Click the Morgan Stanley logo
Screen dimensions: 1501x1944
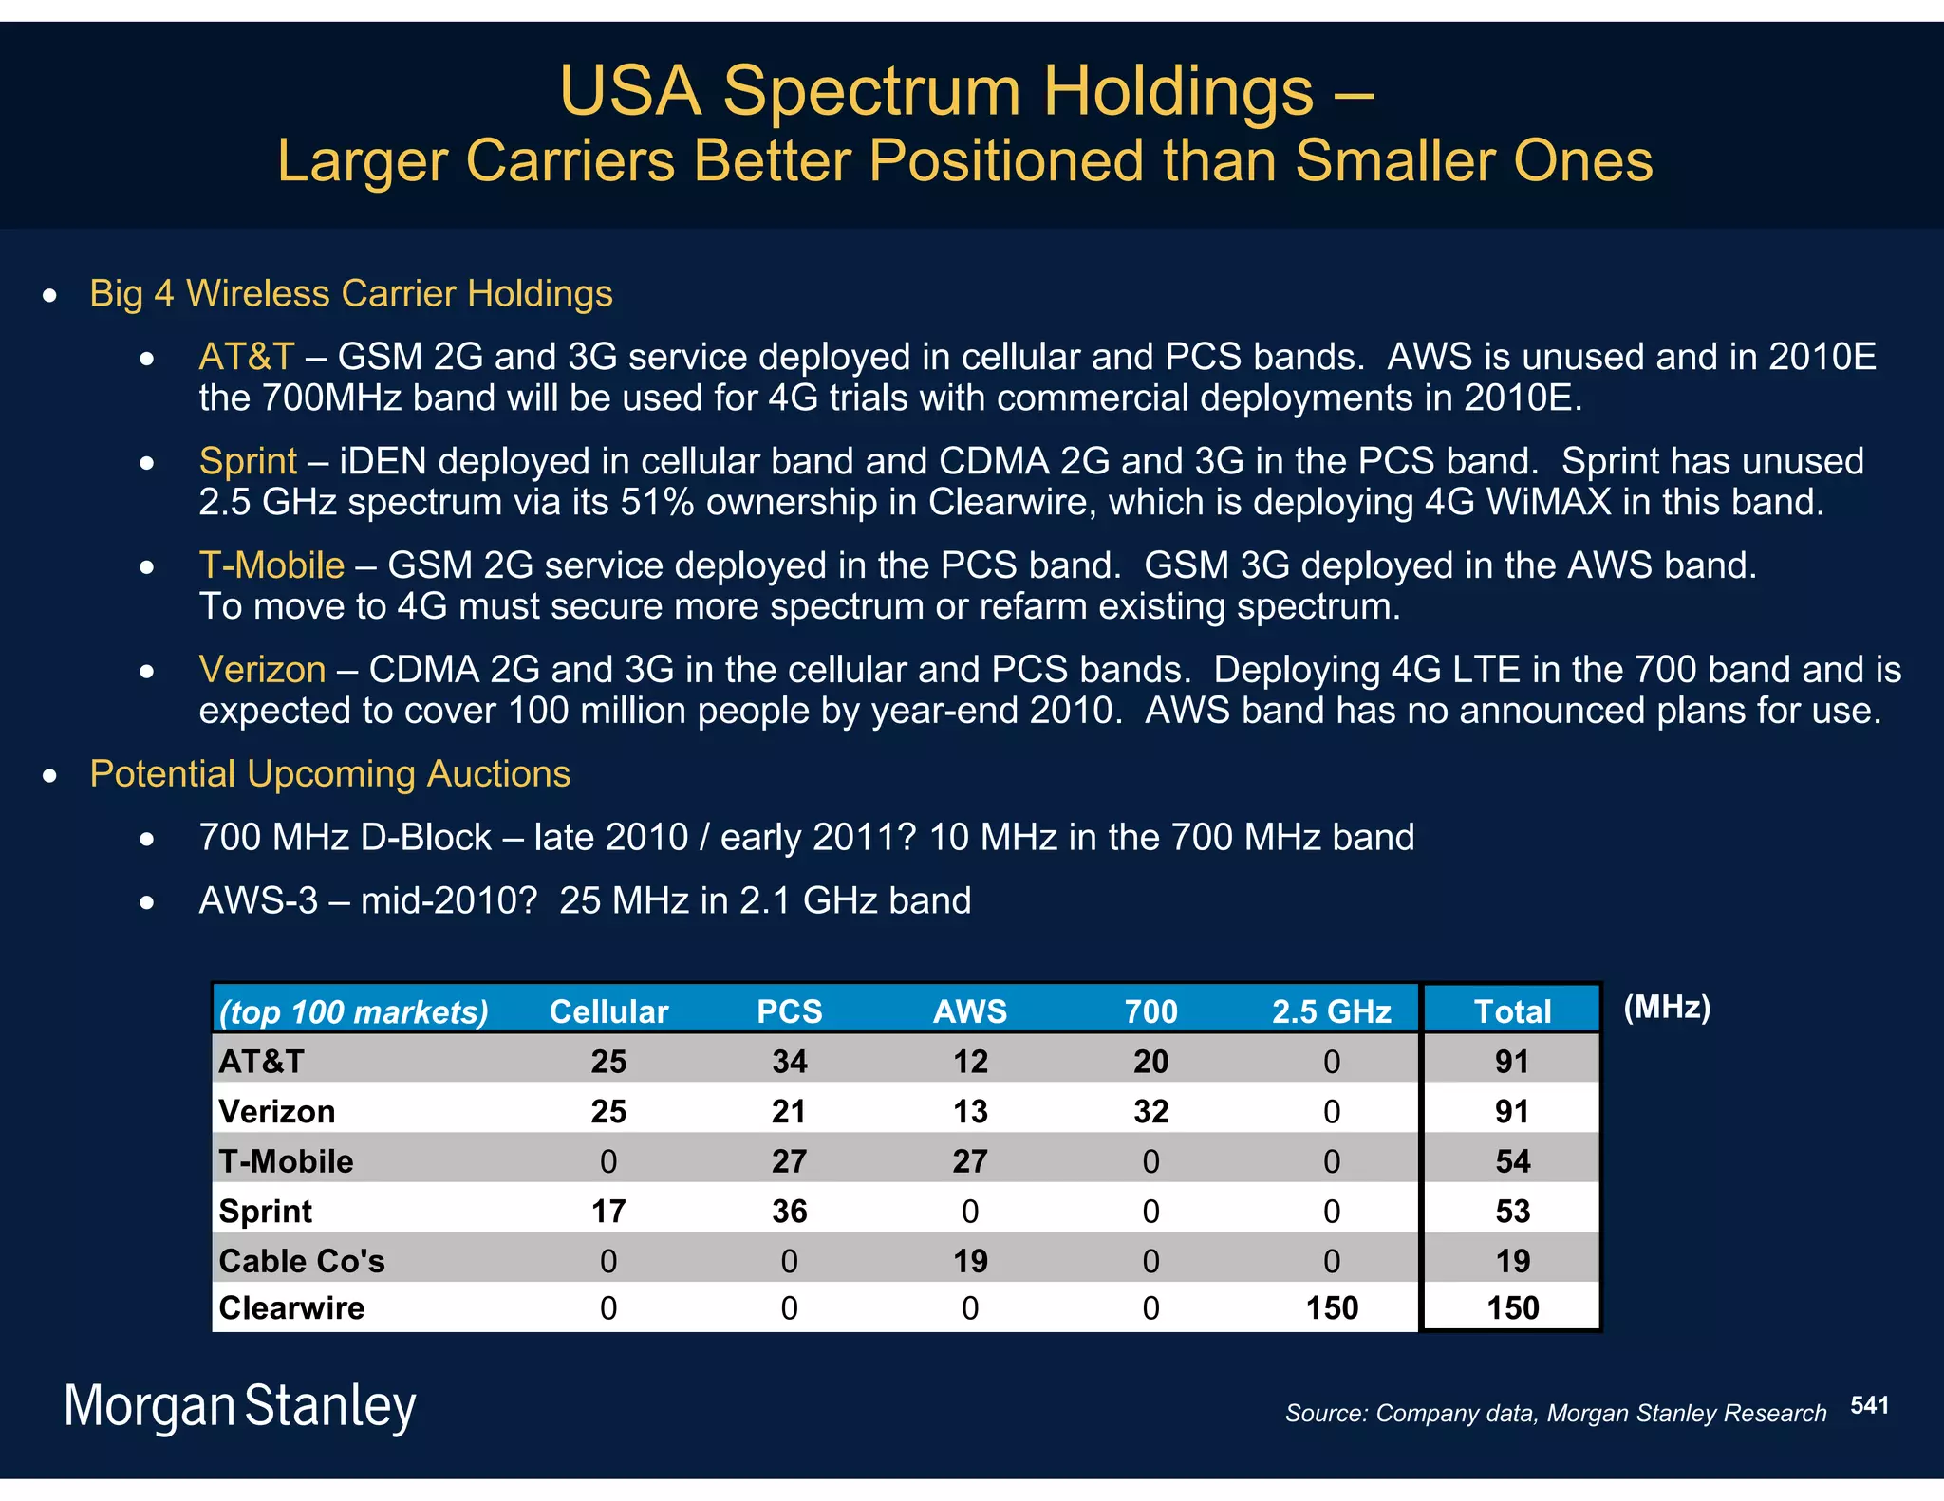pos(239,1406)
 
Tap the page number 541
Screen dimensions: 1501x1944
pos(1869,1405)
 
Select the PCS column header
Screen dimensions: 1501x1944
pos(789,1011)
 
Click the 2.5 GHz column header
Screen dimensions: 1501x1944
pos(1331,1011)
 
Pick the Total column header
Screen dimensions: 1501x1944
pos(1512,1011)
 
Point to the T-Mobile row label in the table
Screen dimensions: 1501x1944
pos(286,1161)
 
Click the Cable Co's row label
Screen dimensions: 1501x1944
pos(302,1261)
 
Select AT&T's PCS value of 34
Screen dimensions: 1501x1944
pos(789,1061)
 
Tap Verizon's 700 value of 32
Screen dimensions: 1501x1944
pos(1150,1111)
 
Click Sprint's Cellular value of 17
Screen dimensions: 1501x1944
pos(608,1211)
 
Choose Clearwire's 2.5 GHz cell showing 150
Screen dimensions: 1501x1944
pos(1331,1308)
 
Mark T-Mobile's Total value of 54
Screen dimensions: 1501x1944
pos(1512,1161)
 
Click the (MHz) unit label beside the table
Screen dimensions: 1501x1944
pos(1667,1007)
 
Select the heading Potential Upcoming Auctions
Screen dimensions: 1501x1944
pos(329,773)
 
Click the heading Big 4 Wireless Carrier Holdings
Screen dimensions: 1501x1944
pos(350,293)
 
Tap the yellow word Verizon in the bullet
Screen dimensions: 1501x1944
pos(262,670)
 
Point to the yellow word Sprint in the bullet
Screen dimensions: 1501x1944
pos(248,461)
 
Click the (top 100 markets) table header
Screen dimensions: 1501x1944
pos(353,1012)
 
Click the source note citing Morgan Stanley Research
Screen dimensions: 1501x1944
pos(1555,1414)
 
